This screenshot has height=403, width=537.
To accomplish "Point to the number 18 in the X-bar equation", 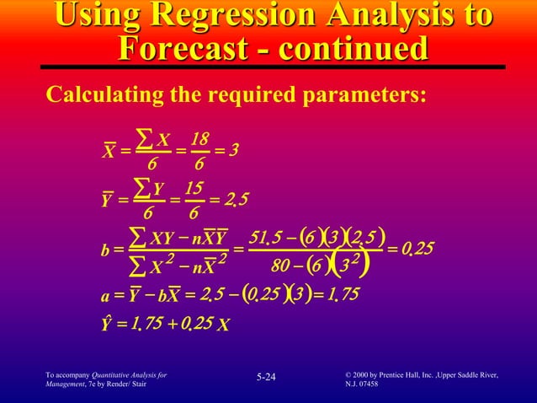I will (199, 139).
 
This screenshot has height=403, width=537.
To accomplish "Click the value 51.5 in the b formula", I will (275, 234).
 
